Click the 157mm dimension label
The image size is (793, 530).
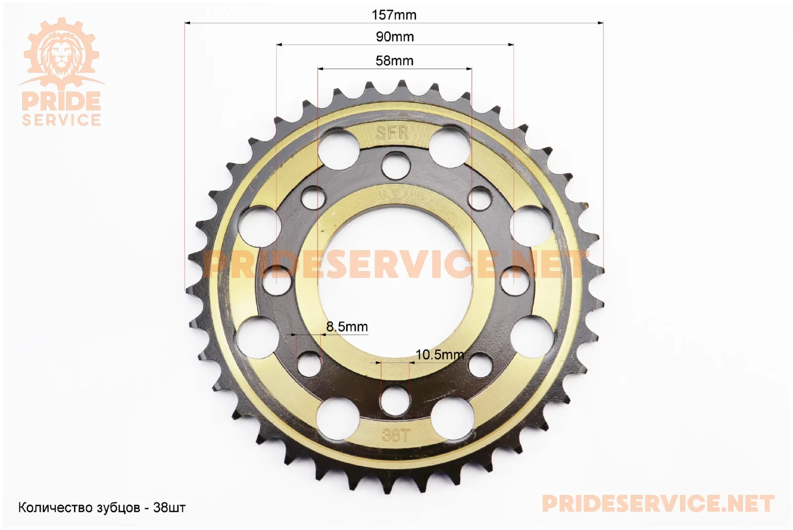click(x=394, y=15)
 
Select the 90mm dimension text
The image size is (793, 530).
click(x=395, y=37)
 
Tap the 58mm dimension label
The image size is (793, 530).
click(x=395, y=61)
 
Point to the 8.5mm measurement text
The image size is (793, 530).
click(x=347, y=326)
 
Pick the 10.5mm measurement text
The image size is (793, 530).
click(x=440, y=355)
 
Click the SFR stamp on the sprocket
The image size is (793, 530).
click(x=392, y=133)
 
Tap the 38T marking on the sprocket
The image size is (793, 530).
click(x=396, y=435)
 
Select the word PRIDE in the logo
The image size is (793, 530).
click(x=61, y=101)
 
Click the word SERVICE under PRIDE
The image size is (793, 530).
click(x=61, y=120)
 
